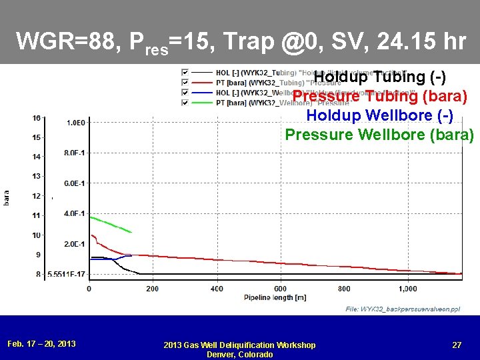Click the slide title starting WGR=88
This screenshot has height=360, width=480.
(x=241, y=43)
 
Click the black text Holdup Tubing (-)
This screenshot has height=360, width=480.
(x=379, y=77)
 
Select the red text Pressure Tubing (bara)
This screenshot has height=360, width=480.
(x=379, y=96)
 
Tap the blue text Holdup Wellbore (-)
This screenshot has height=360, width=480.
(x=379, y=115)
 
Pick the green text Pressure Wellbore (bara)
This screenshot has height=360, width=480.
(x=379, y=135)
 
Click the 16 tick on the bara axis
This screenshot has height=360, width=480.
(x=36, y=118)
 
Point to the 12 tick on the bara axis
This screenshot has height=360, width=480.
(x=36, y=196)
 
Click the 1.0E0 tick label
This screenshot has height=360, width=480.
(x=75, y=123)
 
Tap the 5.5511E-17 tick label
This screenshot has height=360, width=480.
(x=67, y=274)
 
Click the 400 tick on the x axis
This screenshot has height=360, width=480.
(x=217, y=289)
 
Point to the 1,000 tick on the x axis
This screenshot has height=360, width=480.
(x=407, y=289)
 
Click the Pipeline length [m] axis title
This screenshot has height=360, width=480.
(x=274, y=297)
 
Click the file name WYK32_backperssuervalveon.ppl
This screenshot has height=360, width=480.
(x=402, y=309)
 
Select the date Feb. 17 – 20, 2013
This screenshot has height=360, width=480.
(x=41, y=343)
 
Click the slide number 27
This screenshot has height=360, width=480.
(x=457, y=345)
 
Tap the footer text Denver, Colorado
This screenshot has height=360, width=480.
(x=239, y=354)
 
